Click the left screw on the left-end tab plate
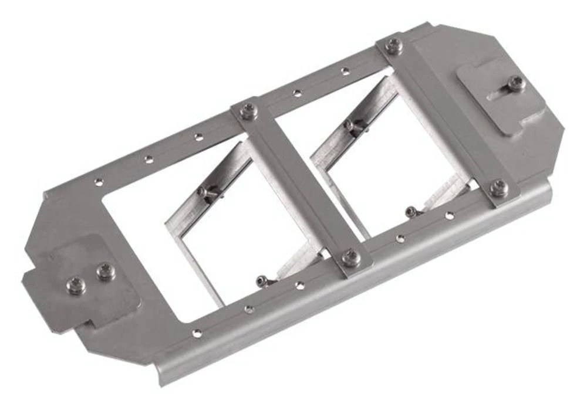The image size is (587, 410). click(x=76, y=285)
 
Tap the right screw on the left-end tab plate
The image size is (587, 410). click(x=104, y=271)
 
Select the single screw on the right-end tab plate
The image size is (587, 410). click(x=516, y=83)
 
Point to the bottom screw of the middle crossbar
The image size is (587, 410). click(x=350, y=257)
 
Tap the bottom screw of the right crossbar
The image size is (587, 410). click(x=498, y=187)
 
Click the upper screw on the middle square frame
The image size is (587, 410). click(x=203, y=191)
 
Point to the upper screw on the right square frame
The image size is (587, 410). click(x=350, y=125)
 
